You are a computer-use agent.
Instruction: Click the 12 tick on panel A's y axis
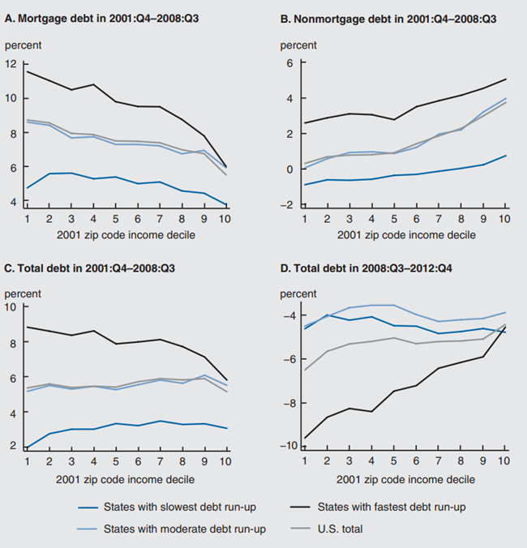(x=11, y=64)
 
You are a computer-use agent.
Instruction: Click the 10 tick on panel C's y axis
(x=11, y=306)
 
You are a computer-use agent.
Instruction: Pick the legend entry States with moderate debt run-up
(x=189, y=529)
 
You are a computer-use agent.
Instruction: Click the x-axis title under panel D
(x=402, y=480)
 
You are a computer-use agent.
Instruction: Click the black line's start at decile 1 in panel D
(x=305, y=439)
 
